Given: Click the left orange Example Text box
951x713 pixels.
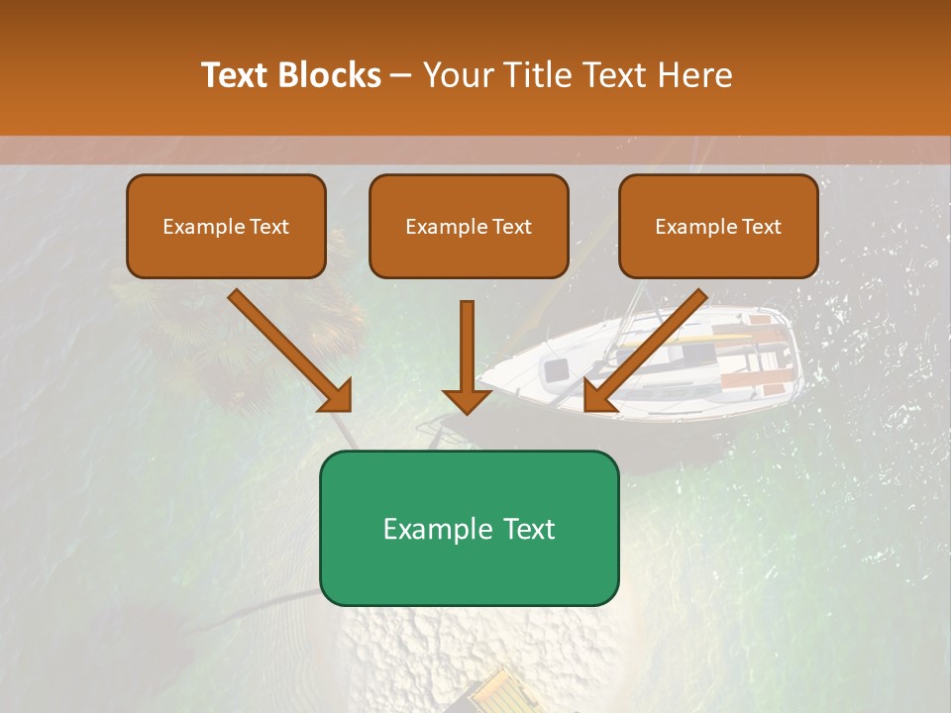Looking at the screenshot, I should [226, 227].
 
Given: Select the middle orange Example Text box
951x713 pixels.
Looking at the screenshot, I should [469, 227].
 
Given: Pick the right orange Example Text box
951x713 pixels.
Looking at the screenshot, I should [718, 227].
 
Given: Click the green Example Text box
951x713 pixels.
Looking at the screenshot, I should [469, 528].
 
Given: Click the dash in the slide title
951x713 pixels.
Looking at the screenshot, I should [401, 75].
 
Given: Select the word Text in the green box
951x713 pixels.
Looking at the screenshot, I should [523, 528].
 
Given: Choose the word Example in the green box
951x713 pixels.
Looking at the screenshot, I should [435, 528].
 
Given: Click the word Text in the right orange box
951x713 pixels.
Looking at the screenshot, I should [761, 227].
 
